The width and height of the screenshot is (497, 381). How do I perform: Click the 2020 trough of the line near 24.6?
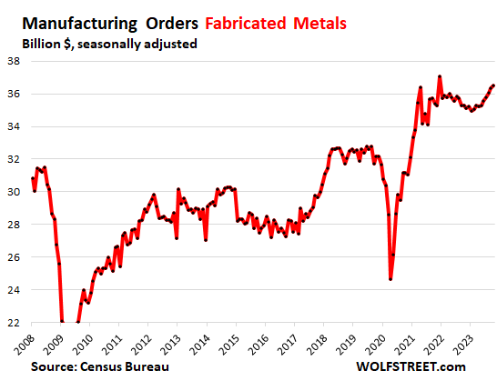(390, 278)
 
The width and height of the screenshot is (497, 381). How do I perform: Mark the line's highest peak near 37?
(440, 76)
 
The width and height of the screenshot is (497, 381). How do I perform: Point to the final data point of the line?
(493, 85)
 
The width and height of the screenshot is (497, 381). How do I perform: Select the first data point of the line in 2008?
(33, 178)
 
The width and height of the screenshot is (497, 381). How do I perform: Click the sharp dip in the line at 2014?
(206, 240)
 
